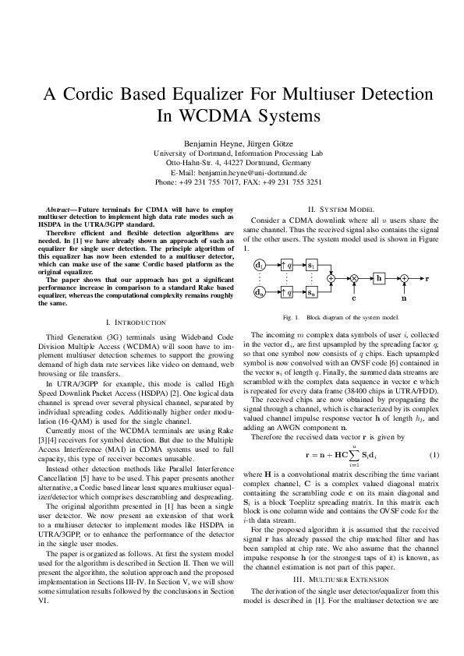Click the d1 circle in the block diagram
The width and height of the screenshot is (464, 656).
point(259,266)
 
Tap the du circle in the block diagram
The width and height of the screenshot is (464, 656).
point(259,292)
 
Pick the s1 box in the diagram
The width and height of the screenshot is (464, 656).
point(311,266)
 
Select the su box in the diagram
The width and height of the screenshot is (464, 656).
point(311,292)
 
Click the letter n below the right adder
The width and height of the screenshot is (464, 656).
point(403,298)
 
